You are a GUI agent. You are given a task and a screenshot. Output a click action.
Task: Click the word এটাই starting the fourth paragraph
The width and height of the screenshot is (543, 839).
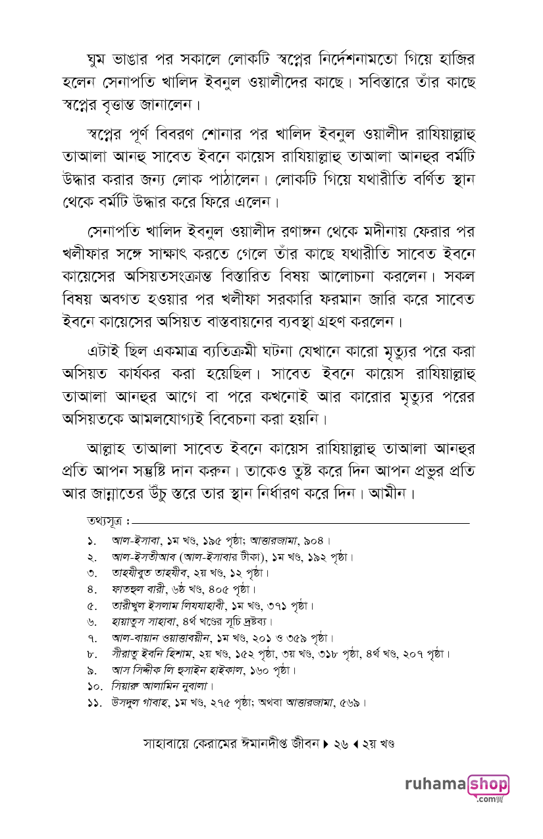tap(107, 351)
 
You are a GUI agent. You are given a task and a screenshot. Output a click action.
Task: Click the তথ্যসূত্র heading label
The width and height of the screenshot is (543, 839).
tap(106, 522)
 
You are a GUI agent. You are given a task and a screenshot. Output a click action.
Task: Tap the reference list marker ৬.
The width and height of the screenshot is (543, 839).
tap(91, 622)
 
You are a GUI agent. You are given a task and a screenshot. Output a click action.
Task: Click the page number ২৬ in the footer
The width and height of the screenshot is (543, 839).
tap(340, 744)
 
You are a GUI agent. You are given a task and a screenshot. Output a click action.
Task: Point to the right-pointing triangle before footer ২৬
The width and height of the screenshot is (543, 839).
tap(326, 744)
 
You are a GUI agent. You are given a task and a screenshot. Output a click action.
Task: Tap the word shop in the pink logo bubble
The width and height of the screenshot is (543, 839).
tap(488, 785)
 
